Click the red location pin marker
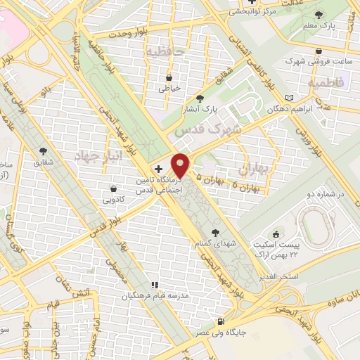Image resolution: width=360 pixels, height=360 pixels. pos(181,165)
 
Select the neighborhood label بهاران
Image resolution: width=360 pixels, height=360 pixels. pos(255,169)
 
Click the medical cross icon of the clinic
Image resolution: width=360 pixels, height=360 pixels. pos(158,169)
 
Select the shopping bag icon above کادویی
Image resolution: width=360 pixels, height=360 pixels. pos(113,188)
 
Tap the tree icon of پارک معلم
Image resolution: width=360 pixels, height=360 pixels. pos(320,14)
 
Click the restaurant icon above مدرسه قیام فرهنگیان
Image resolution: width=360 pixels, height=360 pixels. pos(154,285)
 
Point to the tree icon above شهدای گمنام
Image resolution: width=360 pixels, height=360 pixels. pos(215,232)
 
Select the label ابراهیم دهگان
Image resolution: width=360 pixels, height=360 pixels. pos(264,110)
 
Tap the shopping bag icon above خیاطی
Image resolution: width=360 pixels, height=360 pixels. pos(169,77)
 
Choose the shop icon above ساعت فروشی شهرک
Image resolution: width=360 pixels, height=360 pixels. pos(320,51)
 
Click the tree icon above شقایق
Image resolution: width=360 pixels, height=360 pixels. pos(44,151)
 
